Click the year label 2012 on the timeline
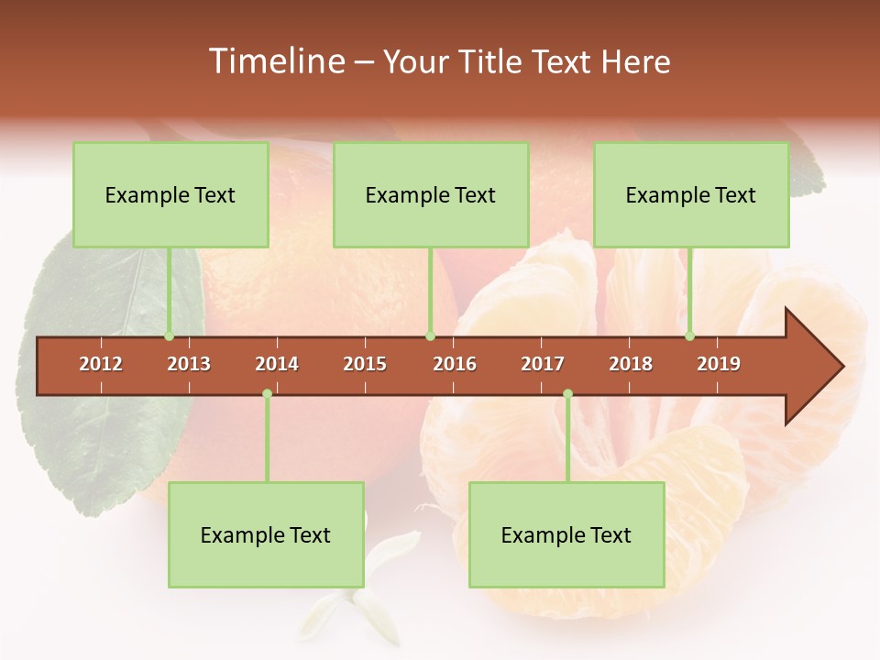101,364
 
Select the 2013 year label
189,364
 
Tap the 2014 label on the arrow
277,364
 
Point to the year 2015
365,364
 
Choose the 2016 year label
455,364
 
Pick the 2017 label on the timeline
543,364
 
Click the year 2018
631,364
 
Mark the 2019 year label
719,364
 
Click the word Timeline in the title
275,61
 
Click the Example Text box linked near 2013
170,195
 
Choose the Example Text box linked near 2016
431,195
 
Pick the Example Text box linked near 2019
691,195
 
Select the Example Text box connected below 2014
266,535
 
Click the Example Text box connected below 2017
566,535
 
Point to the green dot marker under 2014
267,393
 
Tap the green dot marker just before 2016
430,336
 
